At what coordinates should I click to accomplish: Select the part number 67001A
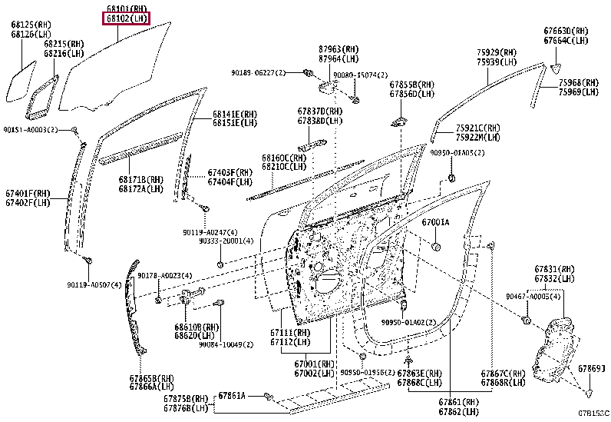[435, 222]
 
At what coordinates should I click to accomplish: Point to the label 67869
[590, 369]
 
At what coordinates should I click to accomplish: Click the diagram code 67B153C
[593, 414]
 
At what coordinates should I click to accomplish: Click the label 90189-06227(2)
[258, 72]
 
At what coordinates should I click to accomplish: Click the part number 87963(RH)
[339, 48]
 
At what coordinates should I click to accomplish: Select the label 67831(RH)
[554, 269]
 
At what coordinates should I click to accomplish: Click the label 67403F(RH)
[230, 173]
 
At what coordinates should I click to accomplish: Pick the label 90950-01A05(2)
[457, 153]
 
